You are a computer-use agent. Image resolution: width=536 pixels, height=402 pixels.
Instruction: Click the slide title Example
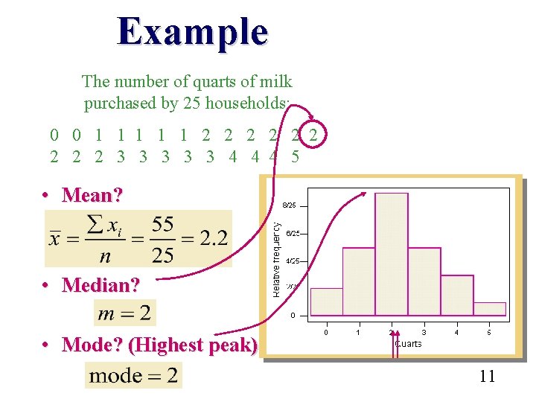[x=192, y=32]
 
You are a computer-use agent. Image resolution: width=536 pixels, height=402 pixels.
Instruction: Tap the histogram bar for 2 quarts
[x=392, y=253]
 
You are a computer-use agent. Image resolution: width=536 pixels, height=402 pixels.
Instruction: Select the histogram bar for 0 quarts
[x=326, y=301]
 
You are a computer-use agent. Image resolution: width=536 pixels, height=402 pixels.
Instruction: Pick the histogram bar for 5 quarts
[x=489, y=308]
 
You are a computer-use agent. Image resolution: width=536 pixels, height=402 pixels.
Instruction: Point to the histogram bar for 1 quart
[x=359, y=281]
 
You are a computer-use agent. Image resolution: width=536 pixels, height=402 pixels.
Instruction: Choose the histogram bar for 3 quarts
[x=424, y=281]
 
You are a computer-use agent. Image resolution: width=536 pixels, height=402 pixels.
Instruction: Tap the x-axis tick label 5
[x=489, y=332]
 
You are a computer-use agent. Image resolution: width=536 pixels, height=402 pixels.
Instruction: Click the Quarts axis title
[x=408, y=344]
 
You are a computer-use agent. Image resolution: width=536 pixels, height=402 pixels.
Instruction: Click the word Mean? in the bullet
[x=92, y=195]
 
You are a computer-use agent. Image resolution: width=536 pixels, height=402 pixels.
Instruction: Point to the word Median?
[x=100, y=285]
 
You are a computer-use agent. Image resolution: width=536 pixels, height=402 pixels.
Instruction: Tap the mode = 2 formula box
[x=134, y=375]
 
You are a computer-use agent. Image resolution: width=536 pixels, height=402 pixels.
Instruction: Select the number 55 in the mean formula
[x=162, y=224]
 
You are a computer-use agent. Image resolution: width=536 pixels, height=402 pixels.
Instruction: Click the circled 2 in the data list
[x=315, y=135]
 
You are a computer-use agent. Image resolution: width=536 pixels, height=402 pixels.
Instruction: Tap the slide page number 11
[x=488, y=376]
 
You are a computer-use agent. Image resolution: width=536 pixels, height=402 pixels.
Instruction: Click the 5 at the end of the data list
[x=296, y=156]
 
